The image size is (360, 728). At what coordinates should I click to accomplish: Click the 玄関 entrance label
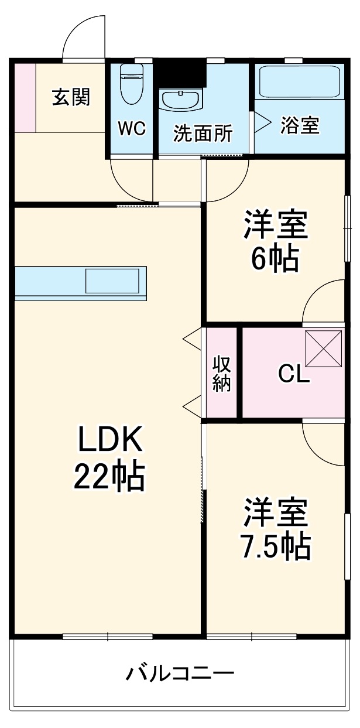[71, 97]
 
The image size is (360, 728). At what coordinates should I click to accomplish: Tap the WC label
[132, 129]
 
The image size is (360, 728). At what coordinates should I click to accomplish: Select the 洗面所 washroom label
[203, 134]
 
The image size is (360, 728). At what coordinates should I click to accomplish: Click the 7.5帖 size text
[275, 546]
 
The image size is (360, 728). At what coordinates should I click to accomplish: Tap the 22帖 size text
[109, 477]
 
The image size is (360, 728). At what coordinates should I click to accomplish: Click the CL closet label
[293, 374]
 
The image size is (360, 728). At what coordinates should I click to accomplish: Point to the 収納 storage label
[222, 374]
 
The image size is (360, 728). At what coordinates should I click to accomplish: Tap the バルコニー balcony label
[180, 673]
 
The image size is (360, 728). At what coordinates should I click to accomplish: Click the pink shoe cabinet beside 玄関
[25, 97]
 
